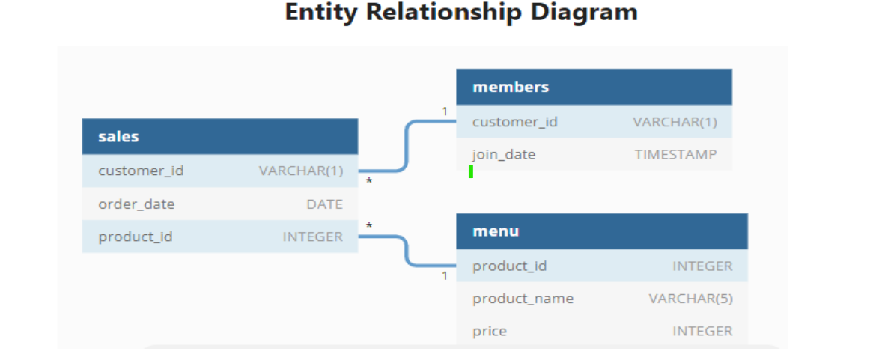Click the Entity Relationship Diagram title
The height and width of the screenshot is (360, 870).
click(461, 13)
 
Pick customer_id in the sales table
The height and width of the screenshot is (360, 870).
click(141, 171)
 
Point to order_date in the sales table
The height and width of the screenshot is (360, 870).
click(136, 204)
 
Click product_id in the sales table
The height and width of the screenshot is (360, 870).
click(136, 237)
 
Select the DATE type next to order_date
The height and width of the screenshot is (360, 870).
click(324, 204)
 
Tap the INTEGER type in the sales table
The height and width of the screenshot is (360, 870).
click(312, 237)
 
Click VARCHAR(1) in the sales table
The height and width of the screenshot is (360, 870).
click(301, 171)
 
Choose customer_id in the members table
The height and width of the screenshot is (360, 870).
click(515, 122)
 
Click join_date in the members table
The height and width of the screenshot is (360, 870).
click(504, 155)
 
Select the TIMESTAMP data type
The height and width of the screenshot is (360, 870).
click(675, 155)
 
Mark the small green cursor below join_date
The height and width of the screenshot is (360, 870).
click(471, 171)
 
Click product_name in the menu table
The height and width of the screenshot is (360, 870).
click(523, 299)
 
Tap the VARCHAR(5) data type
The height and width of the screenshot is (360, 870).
click(690, 299)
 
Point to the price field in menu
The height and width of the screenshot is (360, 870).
click(490, 331)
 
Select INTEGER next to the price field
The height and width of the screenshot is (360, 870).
click(702, 331)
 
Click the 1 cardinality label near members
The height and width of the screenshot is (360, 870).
click(444, 112)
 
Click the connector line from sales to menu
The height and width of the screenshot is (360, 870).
click(407, 251)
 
